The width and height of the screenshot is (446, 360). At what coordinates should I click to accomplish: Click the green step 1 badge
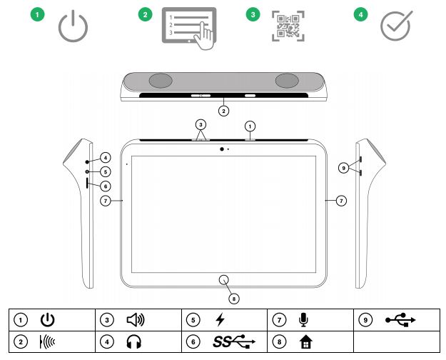click(x=38, y=14)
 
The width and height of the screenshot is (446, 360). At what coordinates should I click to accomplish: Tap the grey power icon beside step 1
click(x=73, y=26)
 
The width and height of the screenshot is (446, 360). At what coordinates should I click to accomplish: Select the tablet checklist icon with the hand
click(x=189, y=29)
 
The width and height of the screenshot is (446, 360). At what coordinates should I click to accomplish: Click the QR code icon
click(x=288, y=26)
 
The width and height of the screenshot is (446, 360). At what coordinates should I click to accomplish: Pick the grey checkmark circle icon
click(x=396, y=26)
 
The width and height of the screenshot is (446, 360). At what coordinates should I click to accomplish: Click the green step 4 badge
click(x=360, y=14)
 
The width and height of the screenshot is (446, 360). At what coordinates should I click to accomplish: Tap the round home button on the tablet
click(x=224, y=280)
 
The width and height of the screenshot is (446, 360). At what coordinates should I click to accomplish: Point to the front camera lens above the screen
click(x=222, y=149)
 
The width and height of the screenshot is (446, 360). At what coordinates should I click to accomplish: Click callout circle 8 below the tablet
click(x=234, y=299)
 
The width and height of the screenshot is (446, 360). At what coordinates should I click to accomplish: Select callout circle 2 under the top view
click(x=223, y=111)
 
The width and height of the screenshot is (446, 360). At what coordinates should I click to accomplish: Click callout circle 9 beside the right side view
click(x=344, y=168)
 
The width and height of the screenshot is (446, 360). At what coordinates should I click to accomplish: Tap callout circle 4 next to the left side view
click(x=105, y=157)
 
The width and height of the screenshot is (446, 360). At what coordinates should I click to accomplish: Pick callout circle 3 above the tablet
click(x=201, y=124)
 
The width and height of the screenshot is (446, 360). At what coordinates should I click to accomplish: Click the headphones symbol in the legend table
click(x=134, y=341)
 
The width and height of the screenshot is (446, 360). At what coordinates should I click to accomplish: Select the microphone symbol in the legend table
click(x=304, y=320)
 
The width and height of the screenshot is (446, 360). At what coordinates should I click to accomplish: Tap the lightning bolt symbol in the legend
click(x=221, y=319)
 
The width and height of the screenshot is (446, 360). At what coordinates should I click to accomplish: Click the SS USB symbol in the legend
click(x=234, y=341)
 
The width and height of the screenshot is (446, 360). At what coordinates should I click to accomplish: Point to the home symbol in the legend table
click(x=305, y=341)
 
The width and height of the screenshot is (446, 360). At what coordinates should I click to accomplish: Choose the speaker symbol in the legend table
click(x=136, y=319)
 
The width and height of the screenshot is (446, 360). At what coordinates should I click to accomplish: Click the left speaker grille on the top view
click(x=161, y=81)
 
